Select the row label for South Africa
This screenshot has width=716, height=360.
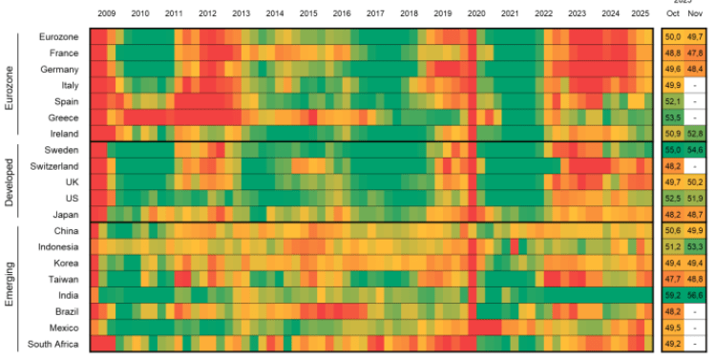[x=53, y=344]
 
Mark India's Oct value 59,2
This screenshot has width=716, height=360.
[x=674, y=295]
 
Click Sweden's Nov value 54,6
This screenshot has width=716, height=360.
[x=695, y=150]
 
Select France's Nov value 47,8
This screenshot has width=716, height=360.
[x=695, y=53]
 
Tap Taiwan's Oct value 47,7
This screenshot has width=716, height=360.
[x=674, y=279]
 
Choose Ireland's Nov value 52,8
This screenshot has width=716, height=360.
[x=695, y=133]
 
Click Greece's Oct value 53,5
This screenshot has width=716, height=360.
[x=674, y=116]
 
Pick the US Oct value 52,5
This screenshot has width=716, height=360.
[x=674, y=198]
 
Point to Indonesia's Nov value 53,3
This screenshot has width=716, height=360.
[x=695, y=246]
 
